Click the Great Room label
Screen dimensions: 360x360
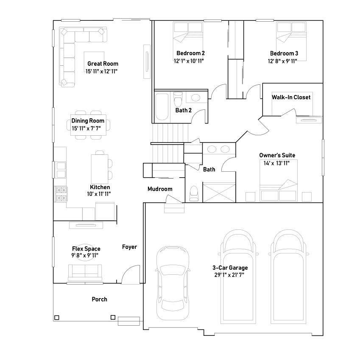click(x=103, y=64)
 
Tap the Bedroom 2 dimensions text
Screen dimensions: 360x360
click(x=189, y=61)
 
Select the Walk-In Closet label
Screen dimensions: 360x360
click(x=291, y=97)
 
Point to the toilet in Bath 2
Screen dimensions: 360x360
click(x=178, y=99)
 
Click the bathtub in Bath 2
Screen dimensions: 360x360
click(x=162, y=107)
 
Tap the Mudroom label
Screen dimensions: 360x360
click(x=160, y=189)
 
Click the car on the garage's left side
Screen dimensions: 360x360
click(x=173, y=283)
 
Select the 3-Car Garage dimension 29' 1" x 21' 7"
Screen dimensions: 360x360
click(x=229, y=275)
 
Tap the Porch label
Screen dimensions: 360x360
click(x=99, y=299)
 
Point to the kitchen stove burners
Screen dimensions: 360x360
click(x=61, y=194)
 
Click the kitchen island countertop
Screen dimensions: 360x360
click(x=99, y=169)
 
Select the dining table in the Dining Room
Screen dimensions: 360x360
click(x=88, y=125)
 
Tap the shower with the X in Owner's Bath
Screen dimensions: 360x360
click(x=219, y=193)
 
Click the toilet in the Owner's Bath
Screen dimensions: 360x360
click(x=194, y=194)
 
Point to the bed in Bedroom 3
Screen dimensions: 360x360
click(x=291, y=41)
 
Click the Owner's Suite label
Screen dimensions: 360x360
click(x=277, y=155)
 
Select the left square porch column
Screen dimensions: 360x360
click(x=57, y=318)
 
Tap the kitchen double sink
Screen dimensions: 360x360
click(x=61, y=170)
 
